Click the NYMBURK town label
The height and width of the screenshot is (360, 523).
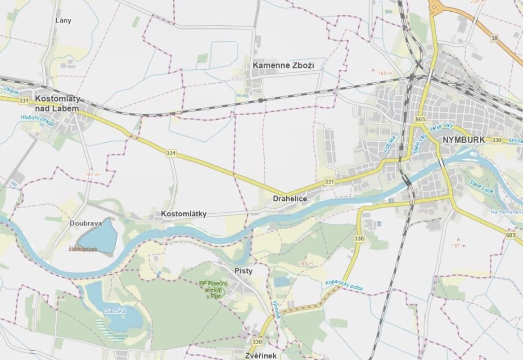[x=464, y=139]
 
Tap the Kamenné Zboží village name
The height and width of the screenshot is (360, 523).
[x=283, y=66]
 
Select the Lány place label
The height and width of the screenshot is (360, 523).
[x=63, y=20]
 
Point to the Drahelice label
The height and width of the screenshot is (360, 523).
[x=290, y=198]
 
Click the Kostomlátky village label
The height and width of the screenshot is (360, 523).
[x=184, y=214]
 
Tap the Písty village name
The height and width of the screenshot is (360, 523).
[x=243, y=271]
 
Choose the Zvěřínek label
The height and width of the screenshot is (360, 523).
[x=261, y=355]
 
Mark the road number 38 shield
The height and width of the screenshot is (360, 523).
[x=495, y=39]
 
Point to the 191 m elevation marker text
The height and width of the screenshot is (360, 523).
[x=91, y=174]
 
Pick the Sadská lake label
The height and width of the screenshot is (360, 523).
[x=115, y=310]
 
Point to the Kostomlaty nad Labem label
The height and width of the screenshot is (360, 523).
[x=57, y=103]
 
